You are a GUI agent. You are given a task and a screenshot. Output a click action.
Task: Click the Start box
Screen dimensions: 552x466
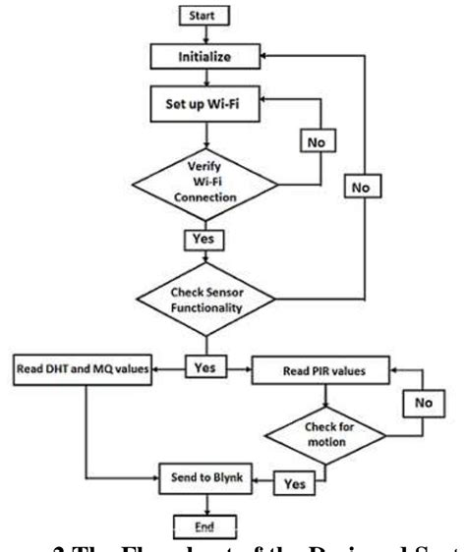[204, 17]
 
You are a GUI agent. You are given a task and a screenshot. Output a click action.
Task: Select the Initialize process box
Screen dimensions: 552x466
[204, 58]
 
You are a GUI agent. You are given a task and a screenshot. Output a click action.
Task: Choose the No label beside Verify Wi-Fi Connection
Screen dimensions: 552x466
[317, 143]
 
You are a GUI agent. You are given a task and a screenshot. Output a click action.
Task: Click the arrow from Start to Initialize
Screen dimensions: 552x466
[204, 35]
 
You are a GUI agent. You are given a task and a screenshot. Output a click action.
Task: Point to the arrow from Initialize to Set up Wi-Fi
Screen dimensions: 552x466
[204, 79]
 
